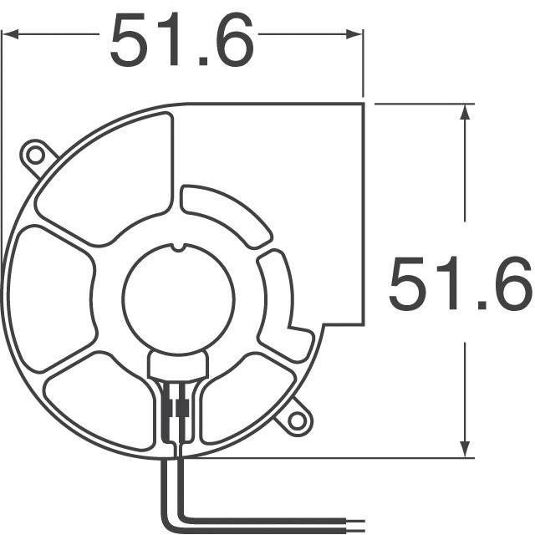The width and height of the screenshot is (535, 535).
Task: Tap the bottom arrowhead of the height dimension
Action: coord(463,451)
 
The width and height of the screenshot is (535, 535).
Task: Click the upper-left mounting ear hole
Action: coord(36,154)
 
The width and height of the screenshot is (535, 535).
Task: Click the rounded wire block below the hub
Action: coord(176,365)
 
